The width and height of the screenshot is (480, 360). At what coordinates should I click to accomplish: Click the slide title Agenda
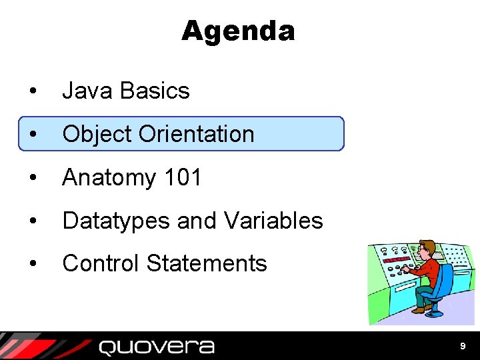click(x=237, y=31)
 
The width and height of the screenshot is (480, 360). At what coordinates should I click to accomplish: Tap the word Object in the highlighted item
click(x=97, y=134)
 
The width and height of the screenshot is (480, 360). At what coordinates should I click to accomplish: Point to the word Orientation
click(x=197, y=134)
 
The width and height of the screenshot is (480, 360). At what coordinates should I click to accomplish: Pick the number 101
click(x=182, y=177)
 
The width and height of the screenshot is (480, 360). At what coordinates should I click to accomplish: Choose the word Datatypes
click(x=116, y=221)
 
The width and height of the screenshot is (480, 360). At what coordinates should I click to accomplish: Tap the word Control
click(x=101, y=263)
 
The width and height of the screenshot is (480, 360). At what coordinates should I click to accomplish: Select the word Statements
click(x=207, y=263)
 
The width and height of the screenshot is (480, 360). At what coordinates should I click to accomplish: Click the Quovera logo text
click(x=157, y=347)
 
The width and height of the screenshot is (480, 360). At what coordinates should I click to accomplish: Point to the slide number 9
click(x=463, y=346)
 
